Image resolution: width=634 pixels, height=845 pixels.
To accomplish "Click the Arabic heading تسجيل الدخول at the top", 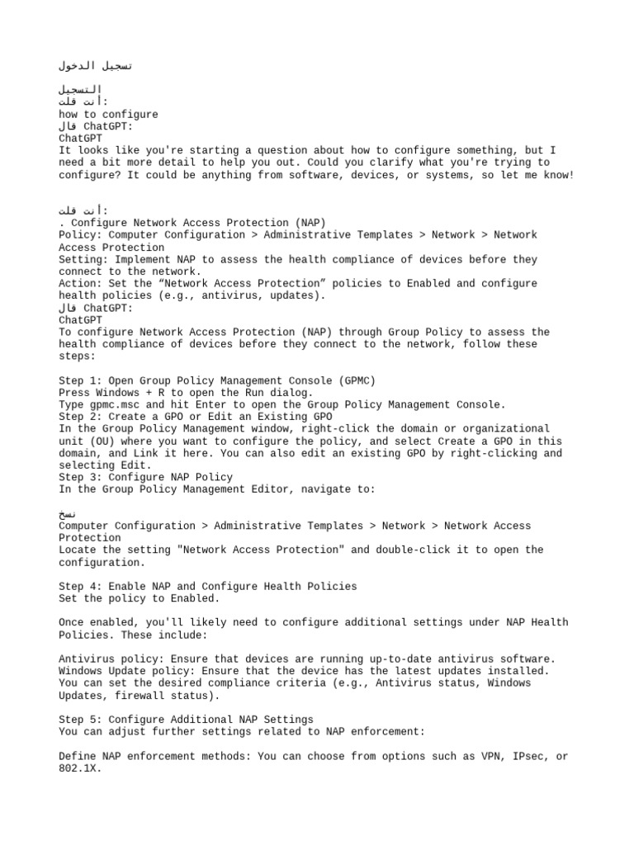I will click(x=96, y=65).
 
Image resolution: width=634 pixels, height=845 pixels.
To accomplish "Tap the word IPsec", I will click(x=519, y=756).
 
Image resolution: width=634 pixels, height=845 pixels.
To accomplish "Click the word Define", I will click(x=77, y=756).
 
